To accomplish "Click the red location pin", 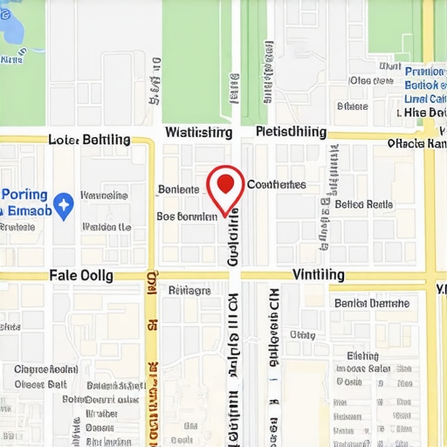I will point(225,185).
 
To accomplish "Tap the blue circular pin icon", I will point(63,205).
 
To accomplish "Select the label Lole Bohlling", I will point(89,139).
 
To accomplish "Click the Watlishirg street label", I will point(198,133).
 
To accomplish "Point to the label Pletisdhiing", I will point(291,132).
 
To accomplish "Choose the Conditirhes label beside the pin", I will point(276,184).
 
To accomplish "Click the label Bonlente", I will point(180,189).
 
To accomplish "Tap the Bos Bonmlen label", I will point(186,215).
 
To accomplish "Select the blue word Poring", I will point(24,195).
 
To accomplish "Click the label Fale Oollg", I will point(81,274).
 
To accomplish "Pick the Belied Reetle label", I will point(364,204).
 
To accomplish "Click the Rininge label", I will point(189,291).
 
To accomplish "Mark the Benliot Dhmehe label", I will point(371,303).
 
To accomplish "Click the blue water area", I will point(13,26).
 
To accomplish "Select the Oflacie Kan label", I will point(416,143).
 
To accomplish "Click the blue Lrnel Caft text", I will point(425,100).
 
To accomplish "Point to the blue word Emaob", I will point(26,211).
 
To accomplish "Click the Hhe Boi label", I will point(426,113).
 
